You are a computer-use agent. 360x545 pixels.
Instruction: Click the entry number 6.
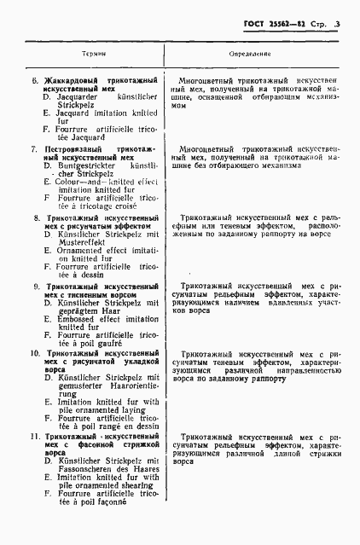34,79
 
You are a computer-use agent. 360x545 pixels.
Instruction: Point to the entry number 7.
34,148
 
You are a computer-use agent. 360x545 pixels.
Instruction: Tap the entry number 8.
34,218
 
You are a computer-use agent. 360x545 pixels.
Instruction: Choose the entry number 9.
34,287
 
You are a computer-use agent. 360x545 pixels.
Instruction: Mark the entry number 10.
35,352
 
